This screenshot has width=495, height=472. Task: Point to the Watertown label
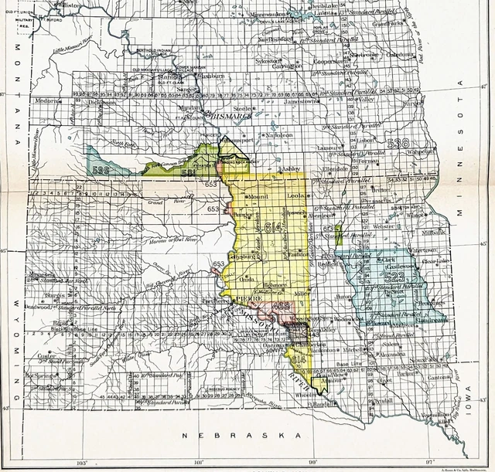tap(425, 251)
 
